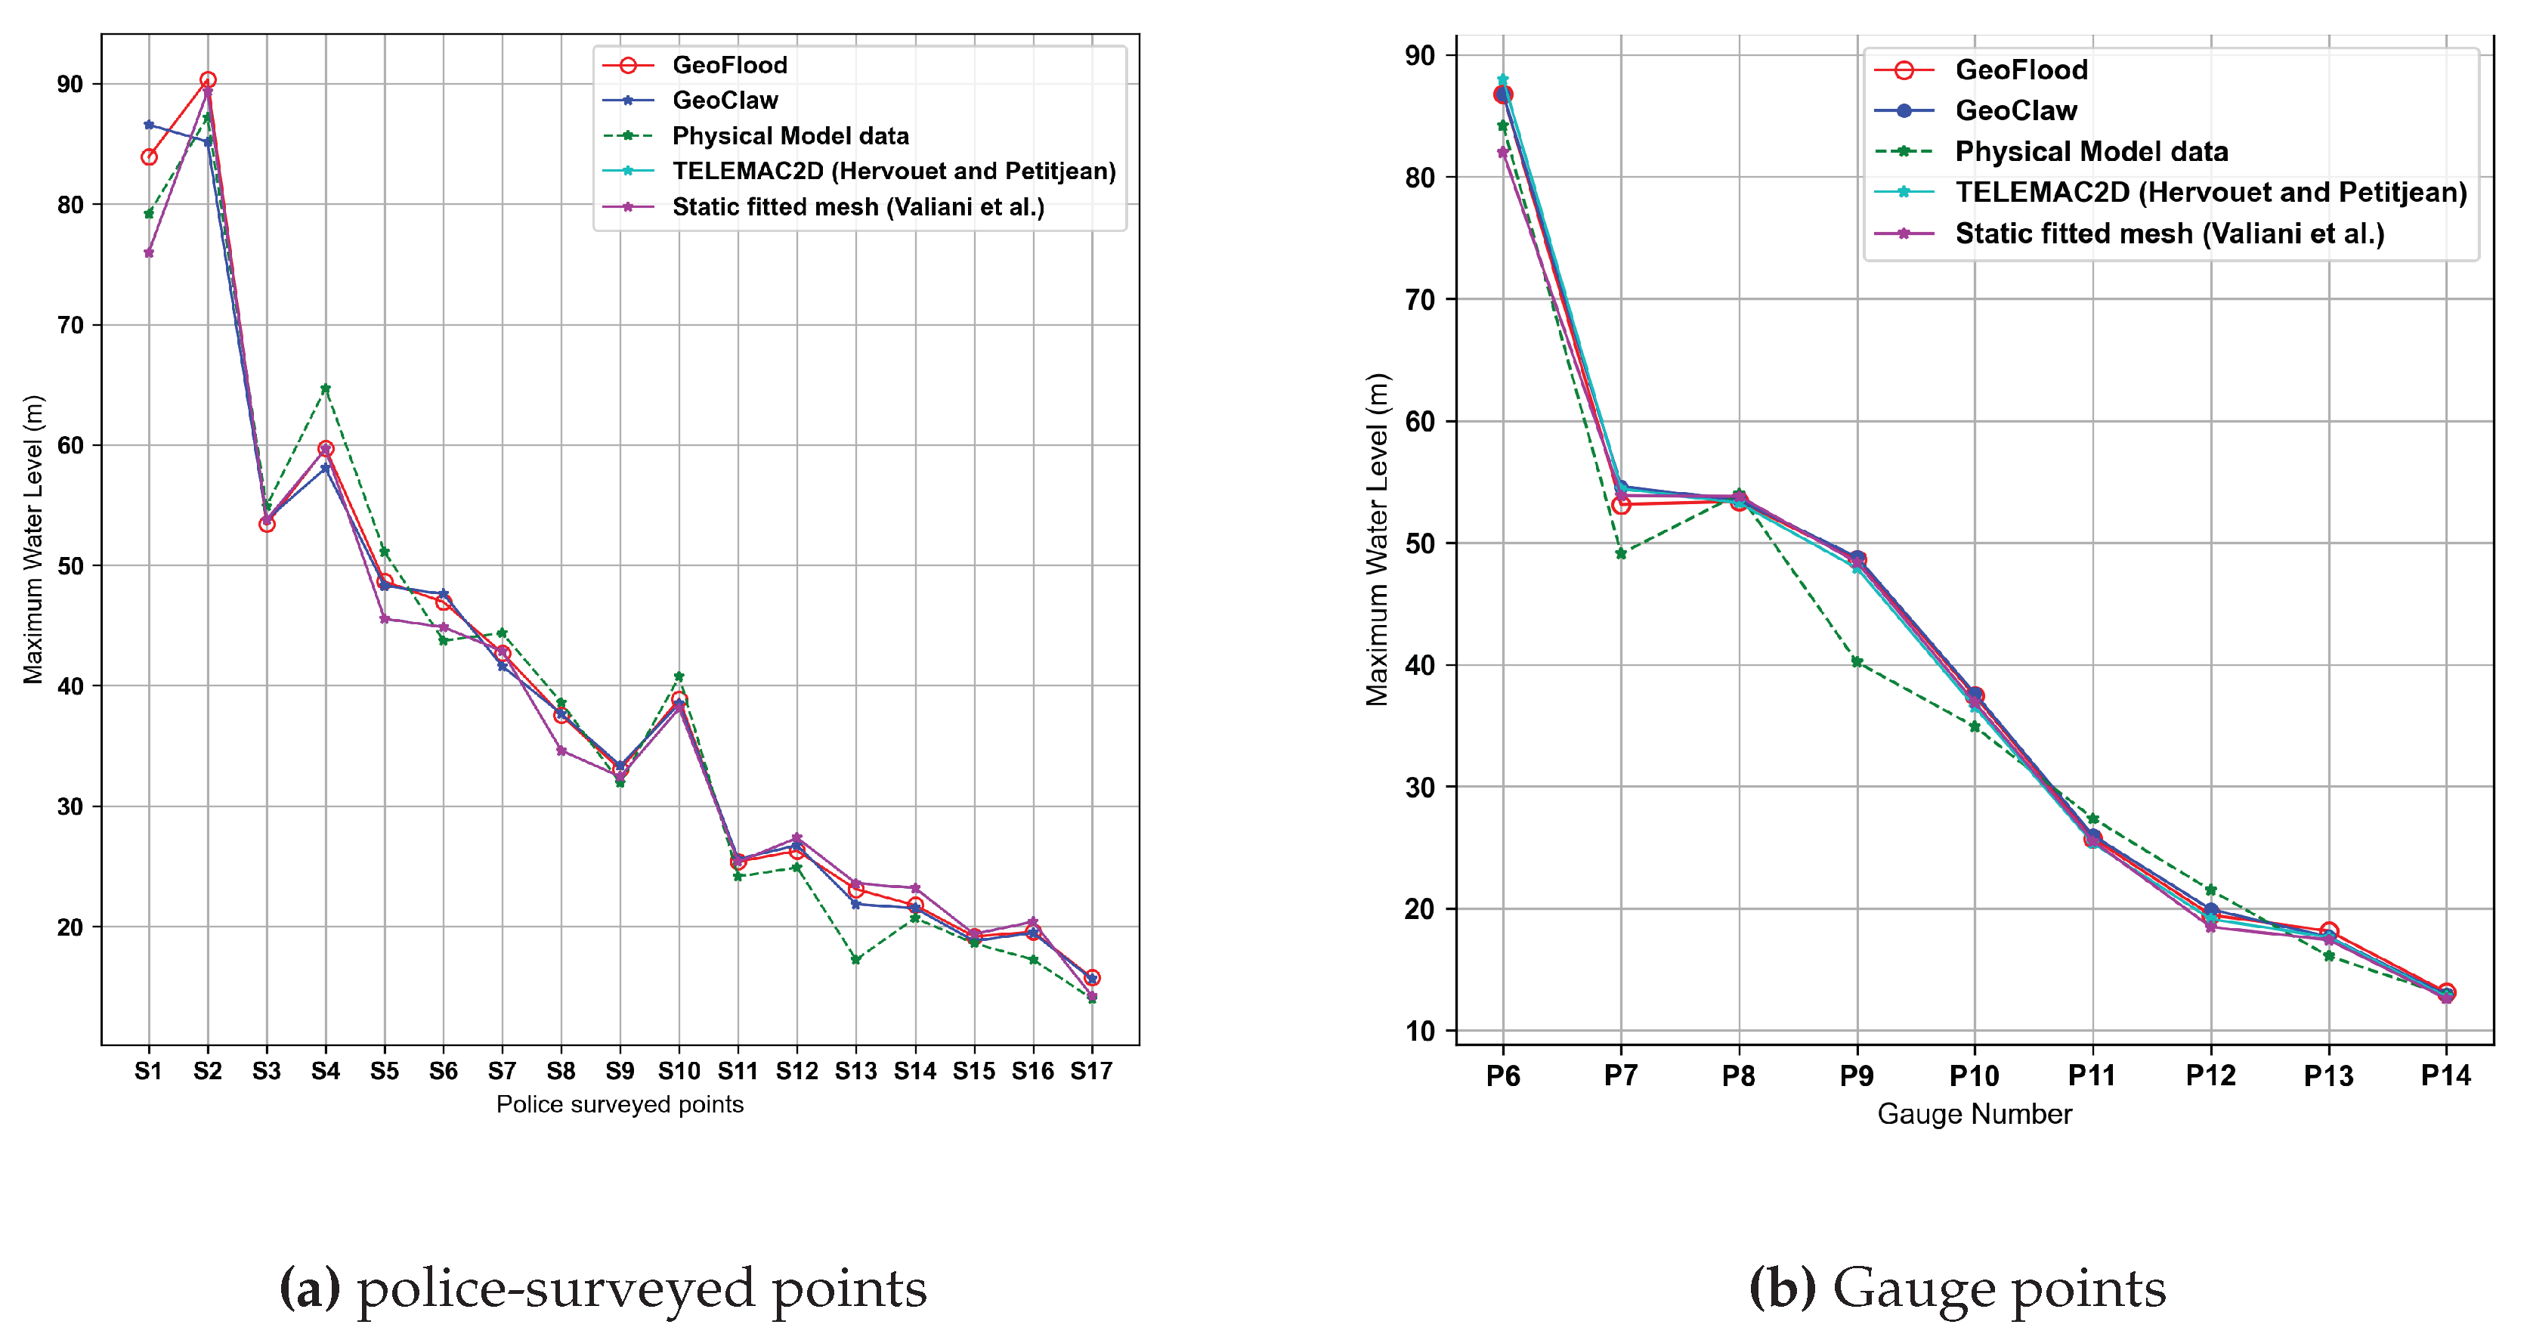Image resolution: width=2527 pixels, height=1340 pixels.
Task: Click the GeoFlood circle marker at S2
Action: [208, 80]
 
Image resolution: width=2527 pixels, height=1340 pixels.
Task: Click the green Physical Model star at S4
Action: [326, 388]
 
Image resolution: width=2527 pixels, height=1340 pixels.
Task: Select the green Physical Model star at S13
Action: [856, 959]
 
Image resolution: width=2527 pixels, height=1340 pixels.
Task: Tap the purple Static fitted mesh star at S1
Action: [149, 253]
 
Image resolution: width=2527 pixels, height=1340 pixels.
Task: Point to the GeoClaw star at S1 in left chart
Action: [149, 125]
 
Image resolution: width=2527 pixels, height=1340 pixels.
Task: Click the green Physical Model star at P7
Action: [1621, 553]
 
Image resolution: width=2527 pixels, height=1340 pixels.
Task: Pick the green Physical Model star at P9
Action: [1857, 662]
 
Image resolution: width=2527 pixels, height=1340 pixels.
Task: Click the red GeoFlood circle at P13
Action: [2329, 931]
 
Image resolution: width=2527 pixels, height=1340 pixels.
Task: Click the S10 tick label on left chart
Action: [679, 1071]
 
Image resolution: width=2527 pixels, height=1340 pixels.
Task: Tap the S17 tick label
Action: [1091, 1071]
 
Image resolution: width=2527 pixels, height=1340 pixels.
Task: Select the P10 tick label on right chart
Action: [1974, 1076]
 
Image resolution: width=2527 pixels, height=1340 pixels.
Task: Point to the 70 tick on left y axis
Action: [70, 325]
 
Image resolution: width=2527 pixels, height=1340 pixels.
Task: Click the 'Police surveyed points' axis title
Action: [620, 1104]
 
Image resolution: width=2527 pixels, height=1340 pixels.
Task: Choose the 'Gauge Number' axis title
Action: [1974, 1114]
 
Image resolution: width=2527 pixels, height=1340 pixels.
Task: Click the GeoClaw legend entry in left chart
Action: [724, 100]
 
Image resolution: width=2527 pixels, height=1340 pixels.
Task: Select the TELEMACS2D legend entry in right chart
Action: [2210, 192]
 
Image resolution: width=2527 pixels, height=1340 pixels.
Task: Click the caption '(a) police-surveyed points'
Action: [603, 1288]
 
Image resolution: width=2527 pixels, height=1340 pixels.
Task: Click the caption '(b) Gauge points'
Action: [1957, 1288]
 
